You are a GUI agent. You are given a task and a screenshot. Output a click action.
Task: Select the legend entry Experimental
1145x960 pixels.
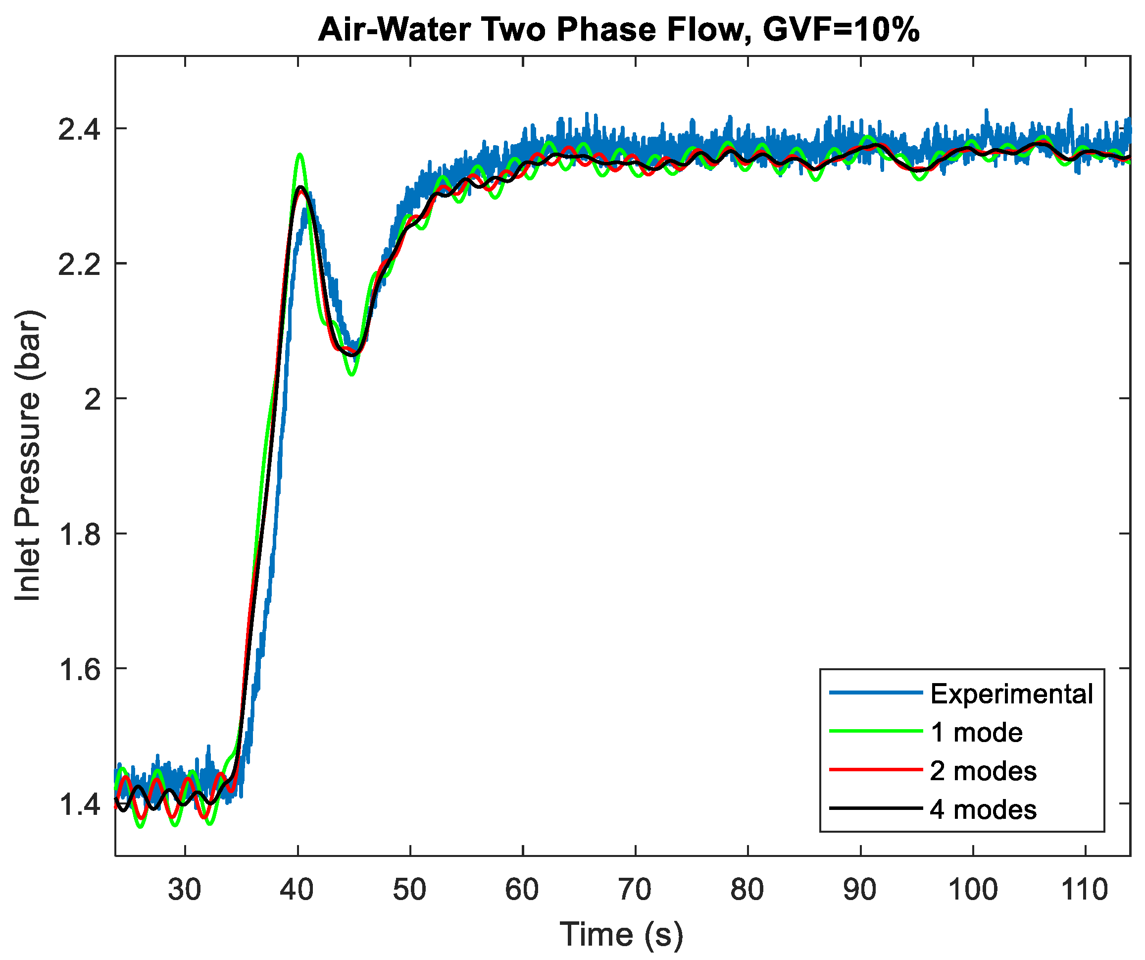(1011, 694)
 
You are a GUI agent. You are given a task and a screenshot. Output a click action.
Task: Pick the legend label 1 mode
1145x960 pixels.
(976, 733)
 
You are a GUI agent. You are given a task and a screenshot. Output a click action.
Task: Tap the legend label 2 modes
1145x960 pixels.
(983, 771)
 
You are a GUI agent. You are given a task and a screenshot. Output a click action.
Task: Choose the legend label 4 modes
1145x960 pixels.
(983, 809)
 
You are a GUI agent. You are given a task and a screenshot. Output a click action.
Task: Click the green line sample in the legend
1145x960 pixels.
(875, 731)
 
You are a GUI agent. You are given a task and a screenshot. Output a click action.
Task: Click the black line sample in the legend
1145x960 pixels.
(875, 808)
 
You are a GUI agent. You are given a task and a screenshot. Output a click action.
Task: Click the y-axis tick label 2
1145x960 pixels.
(93, 400)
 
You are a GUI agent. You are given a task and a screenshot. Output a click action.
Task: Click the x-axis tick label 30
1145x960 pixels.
(184, 890)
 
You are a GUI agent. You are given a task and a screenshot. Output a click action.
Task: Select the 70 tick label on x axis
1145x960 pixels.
(635, 890)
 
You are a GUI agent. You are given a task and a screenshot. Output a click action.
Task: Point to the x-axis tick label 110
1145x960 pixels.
(1085, 890)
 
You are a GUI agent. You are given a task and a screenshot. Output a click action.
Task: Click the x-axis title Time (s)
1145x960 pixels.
(621, 934)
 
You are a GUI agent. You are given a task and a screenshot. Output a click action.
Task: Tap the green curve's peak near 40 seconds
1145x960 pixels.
(299, 155)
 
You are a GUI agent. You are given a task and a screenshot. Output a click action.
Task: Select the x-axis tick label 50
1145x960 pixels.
(409, 890)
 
